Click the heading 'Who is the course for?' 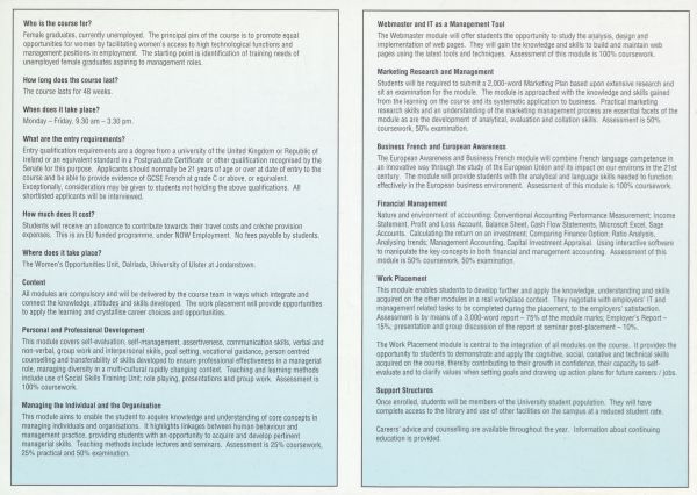tap(57, 24)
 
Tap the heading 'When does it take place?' tap(61, 109)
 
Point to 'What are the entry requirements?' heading tap(73, 139)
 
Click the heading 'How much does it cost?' tap(59, 214)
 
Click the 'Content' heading tap(34, 282)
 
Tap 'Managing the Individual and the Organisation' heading tap(92, 405)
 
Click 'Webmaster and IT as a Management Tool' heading tap(441, 24)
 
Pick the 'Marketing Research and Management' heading tap(435, 71)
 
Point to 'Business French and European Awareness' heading tap(441, 146)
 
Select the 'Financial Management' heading tap(412, 204)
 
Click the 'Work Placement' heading tap(402, 278)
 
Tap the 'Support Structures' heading tap(404, 390)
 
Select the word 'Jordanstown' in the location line tap(236, 264)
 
